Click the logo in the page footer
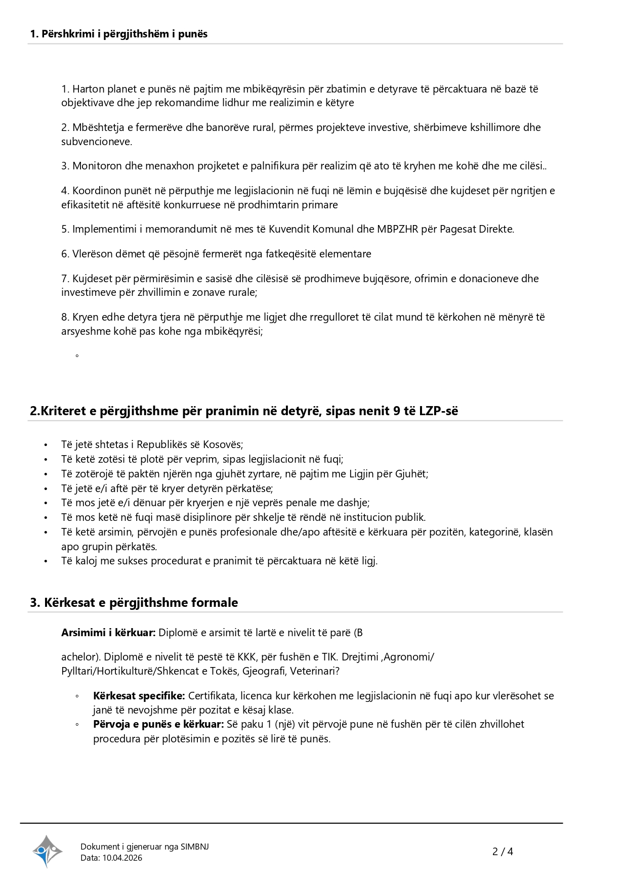coord(47,851)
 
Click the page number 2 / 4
coord(503,852)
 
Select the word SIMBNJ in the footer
coord(194,847)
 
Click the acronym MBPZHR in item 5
coord(397,229)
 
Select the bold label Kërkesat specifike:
coord(139,696)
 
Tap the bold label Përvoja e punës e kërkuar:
coord(158,724)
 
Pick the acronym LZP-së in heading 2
coord(438,411)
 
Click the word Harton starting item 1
coord(88,89)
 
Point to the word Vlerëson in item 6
coord(92,254)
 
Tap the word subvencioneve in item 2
coord(97,142)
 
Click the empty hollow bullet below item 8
coord(77,356)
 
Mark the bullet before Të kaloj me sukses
coord(46,561)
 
